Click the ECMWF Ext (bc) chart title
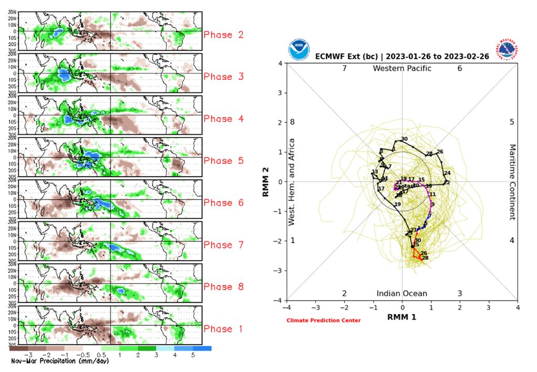click(403, 56)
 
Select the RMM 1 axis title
click(402, 317)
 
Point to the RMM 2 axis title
click(266, 182)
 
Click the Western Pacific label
click(402, 69)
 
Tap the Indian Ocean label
click(402, 294)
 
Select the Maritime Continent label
click(512, 182)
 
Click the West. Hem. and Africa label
click(292, 182)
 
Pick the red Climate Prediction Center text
click(324, 321)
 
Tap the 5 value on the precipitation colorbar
click(192, 355)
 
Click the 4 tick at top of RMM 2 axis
click(281, 63)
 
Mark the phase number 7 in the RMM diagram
click(345, 69)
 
